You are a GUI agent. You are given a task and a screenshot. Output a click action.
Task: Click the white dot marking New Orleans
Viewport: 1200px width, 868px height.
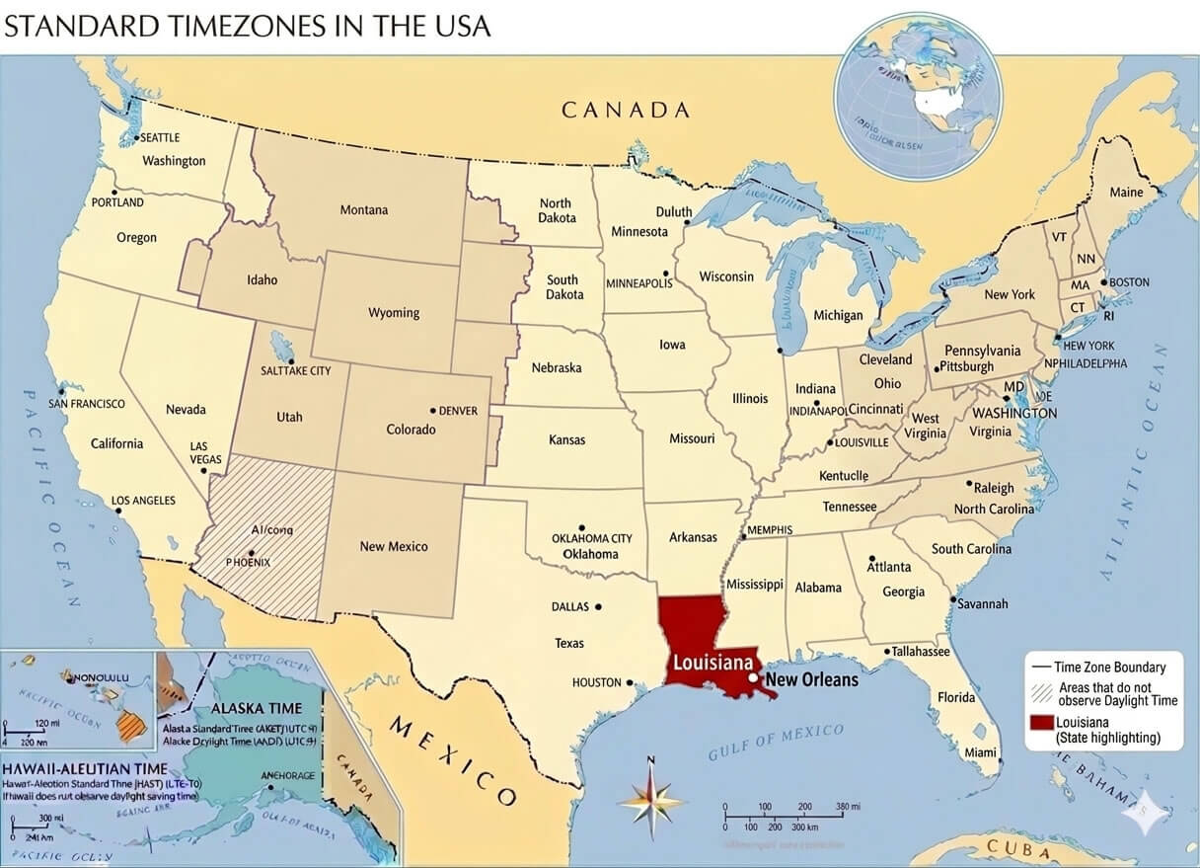pyautogui.click(x=753, y=679)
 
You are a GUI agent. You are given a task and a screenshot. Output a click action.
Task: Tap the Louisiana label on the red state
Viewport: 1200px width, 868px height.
pyautogui.click(x=713, y=663)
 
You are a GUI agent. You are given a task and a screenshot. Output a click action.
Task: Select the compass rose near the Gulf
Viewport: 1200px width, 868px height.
pyautogui.click(x=650, y=797)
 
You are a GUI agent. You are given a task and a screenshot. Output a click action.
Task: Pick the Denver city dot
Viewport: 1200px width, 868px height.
pyautogui.click(x=432, y=410)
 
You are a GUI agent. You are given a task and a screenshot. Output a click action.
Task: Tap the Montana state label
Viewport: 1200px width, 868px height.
pyautogui.click(x=364, y=209)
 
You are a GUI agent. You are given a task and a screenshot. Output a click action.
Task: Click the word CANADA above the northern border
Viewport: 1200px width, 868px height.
pyautogui.click(x=626, y=110)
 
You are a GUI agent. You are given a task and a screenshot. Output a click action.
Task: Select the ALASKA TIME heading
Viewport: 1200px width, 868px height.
pyautogui.click(x=257, y=709)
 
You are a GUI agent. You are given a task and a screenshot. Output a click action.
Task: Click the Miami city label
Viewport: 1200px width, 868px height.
pyautogui.click(x=981, y=752)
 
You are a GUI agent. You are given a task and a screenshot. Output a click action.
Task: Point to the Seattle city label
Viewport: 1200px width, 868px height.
pyautogui.click(x=160, y=138)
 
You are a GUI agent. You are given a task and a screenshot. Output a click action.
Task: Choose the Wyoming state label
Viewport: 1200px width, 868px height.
pyautogui.click(x=394, y=313)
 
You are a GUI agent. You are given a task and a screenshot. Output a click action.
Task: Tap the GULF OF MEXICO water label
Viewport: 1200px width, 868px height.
pyautogui.click(x=776, y=742)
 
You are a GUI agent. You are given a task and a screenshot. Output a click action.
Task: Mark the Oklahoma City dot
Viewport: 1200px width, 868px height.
pyautogui.click(x=581, y=528)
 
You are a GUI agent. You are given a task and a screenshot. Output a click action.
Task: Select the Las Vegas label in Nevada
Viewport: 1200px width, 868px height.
pyautogui.click(x=205, y=453)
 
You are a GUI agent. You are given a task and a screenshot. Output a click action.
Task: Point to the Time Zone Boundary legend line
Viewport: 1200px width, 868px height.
pyautogui.click(x=1038, y=668)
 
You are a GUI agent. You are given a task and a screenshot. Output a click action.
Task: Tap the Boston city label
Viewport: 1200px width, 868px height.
pyautogui.click(x=1129, y=282)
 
